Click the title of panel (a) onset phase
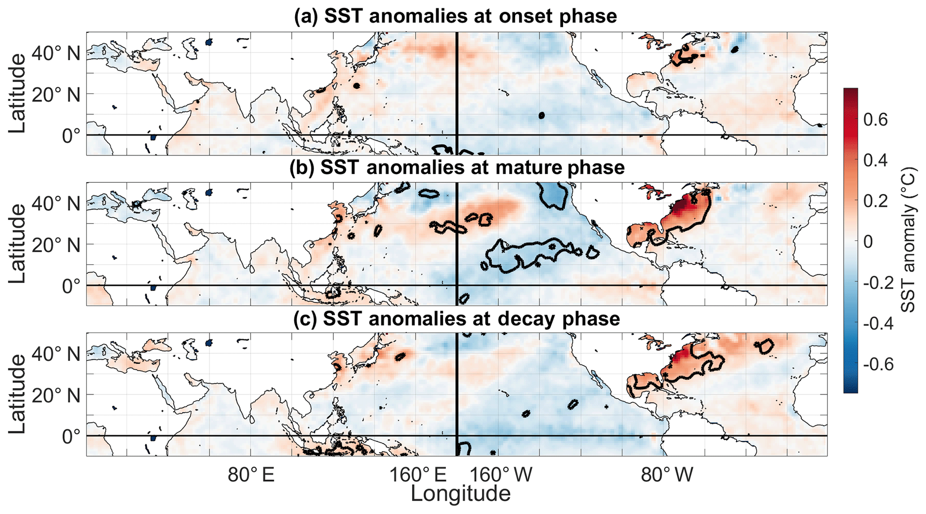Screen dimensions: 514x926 pyautogui.click(x=455, y=16)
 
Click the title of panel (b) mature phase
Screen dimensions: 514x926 pyautogui.click(x=457, y=168)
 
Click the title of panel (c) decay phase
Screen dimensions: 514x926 pyautogui.click(x=457, y=319)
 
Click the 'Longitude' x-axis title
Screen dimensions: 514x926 pyautogui.click(x=461, y=494)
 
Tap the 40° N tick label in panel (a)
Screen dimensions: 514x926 pyautogui.click(x=56, y=54)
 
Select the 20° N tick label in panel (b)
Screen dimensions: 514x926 pyautogui.click(x=56, y=245)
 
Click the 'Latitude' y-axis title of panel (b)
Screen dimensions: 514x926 pyautogui.click(x=17, y=244)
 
